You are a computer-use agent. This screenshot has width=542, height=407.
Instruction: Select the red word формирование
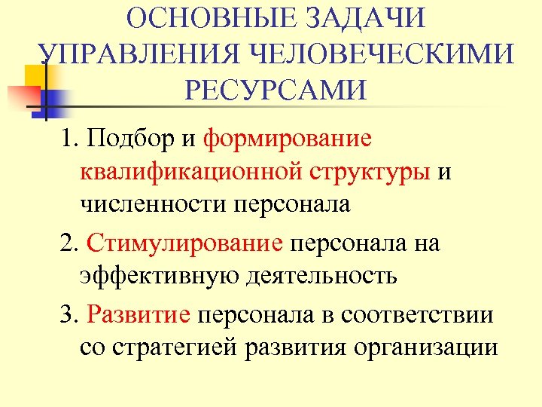(288, 139)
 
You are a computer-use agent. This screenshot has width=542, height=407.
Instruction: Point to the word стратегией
(167, 347)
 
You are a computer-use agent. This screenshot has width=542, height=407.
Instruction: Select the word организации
(426, 347)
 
